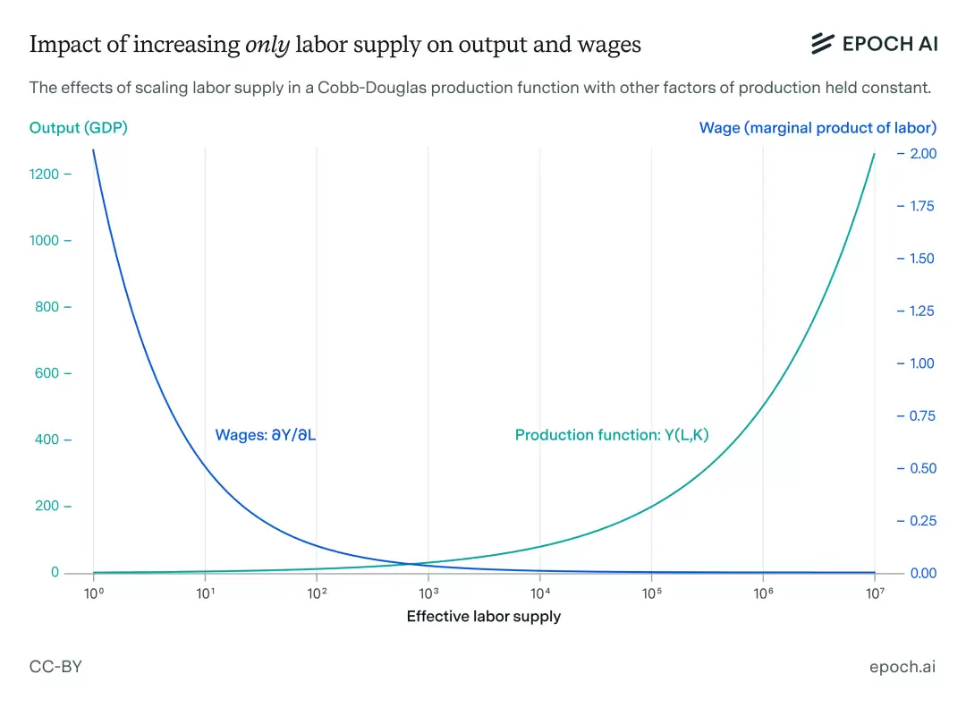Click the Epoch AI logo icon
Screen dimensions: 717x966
coord(822,43)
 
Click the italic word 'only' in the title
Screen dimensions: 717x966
coord(267,45)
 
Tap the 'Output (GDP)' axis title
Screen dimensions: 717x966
coord(79,128)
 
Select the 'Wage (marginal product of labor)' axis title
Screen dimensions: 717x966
coord(818,128)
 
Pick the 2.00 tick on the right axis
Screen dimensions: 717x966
coord(921,154)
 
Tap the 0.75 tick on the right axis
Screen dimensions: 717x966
coord(921,416)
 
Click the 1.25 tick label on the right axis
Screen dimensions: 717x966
coord(921,312)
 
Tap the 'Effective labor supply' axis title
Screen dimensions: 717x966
coord(484,617)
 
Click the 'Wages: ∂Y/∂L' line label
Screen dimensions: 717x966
coord(266,436)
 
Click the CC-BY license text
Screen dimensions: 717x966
coord(55,667)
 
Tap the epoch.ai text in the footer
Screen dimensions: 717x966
coord(902,667)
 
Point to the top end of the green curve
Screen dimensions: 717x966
coord(874,155)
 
